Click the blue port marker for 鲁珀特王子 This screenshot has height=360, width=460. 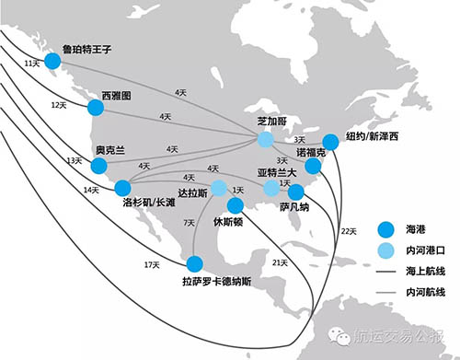coord(52,61)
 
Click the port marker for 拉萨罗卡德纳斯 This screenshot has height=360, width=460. coord(193,262)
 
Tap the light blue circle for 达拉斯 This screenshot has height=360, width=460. coord(219,188)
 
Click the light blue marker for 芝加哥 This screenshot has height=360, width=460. coord(265,140)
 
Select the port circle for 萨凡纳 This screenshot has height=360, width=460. coord(296,192)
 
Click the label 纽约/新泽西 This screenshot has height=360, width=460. coord(373,136)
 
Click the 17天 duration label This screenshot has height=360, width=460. coord(153,265)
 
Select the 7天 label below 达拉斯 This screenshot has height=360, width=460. coord(189,223)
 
